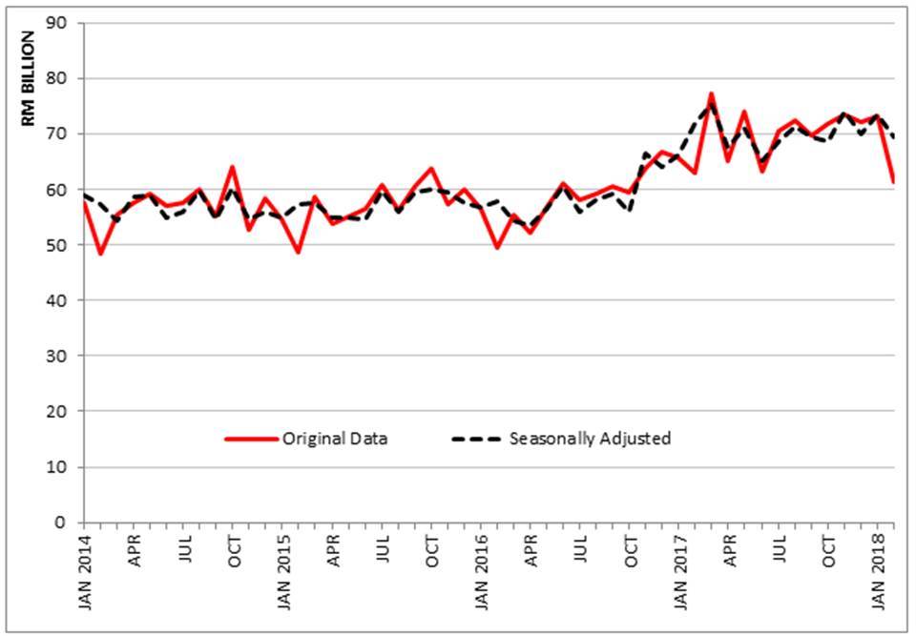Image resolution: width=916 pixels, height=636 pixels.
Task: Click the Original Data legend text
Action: click(x=335, y=439)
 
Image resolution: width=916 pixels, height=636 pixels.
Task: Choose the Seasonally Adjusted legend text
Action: click(x=590, y=439)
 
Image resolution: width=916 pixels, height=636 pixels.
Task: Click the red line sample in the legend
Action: click(x=250, y=439)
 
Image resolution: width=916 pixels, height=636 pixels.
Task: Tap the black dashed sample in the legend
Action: click(x=476, y=439)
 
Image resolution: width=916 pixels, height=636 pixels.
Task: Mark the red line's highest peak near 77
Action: click(x=711, y=93)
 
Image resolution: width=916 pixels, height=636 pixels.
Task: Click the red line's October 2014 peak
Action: click(x=232, y=167)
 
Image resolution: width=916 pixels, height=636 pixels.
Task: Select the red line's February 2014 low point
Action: click(x=100, y=254)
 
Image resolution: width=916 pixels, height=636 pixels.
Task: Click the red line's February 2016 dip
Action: click(x=497, y=247)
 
